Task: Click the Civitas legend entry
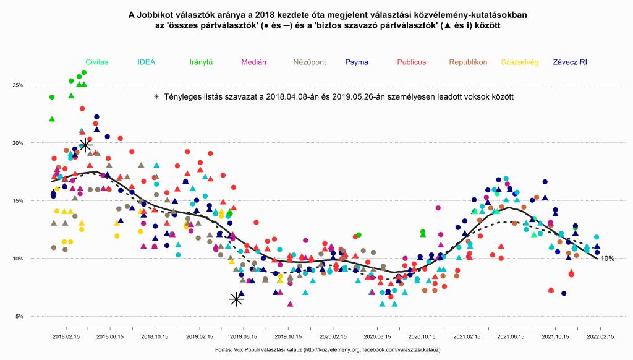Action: (x=97, y=62)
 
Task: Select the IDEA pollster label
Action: (x=147, y=62)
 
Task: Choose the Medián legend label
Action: (x=253, y=62)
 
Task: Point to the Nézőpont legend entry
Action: (x=309, y=62)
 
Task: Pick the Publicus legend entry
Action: (x=411, y=62)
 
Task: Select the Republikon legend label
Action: (x=468, y=62)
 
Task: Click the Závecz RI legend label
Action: (x=570, y=62)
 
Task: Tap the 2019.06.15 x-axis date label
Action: (x=243, y=337)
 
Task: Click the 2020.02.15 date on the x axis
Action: (x=332, y=337)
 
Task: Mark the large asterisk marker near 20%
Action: (x=85, y=145)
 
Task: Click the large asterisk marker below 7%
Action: (x=236, y=299)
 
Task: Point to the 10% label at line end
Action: (x=607, y=259)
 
